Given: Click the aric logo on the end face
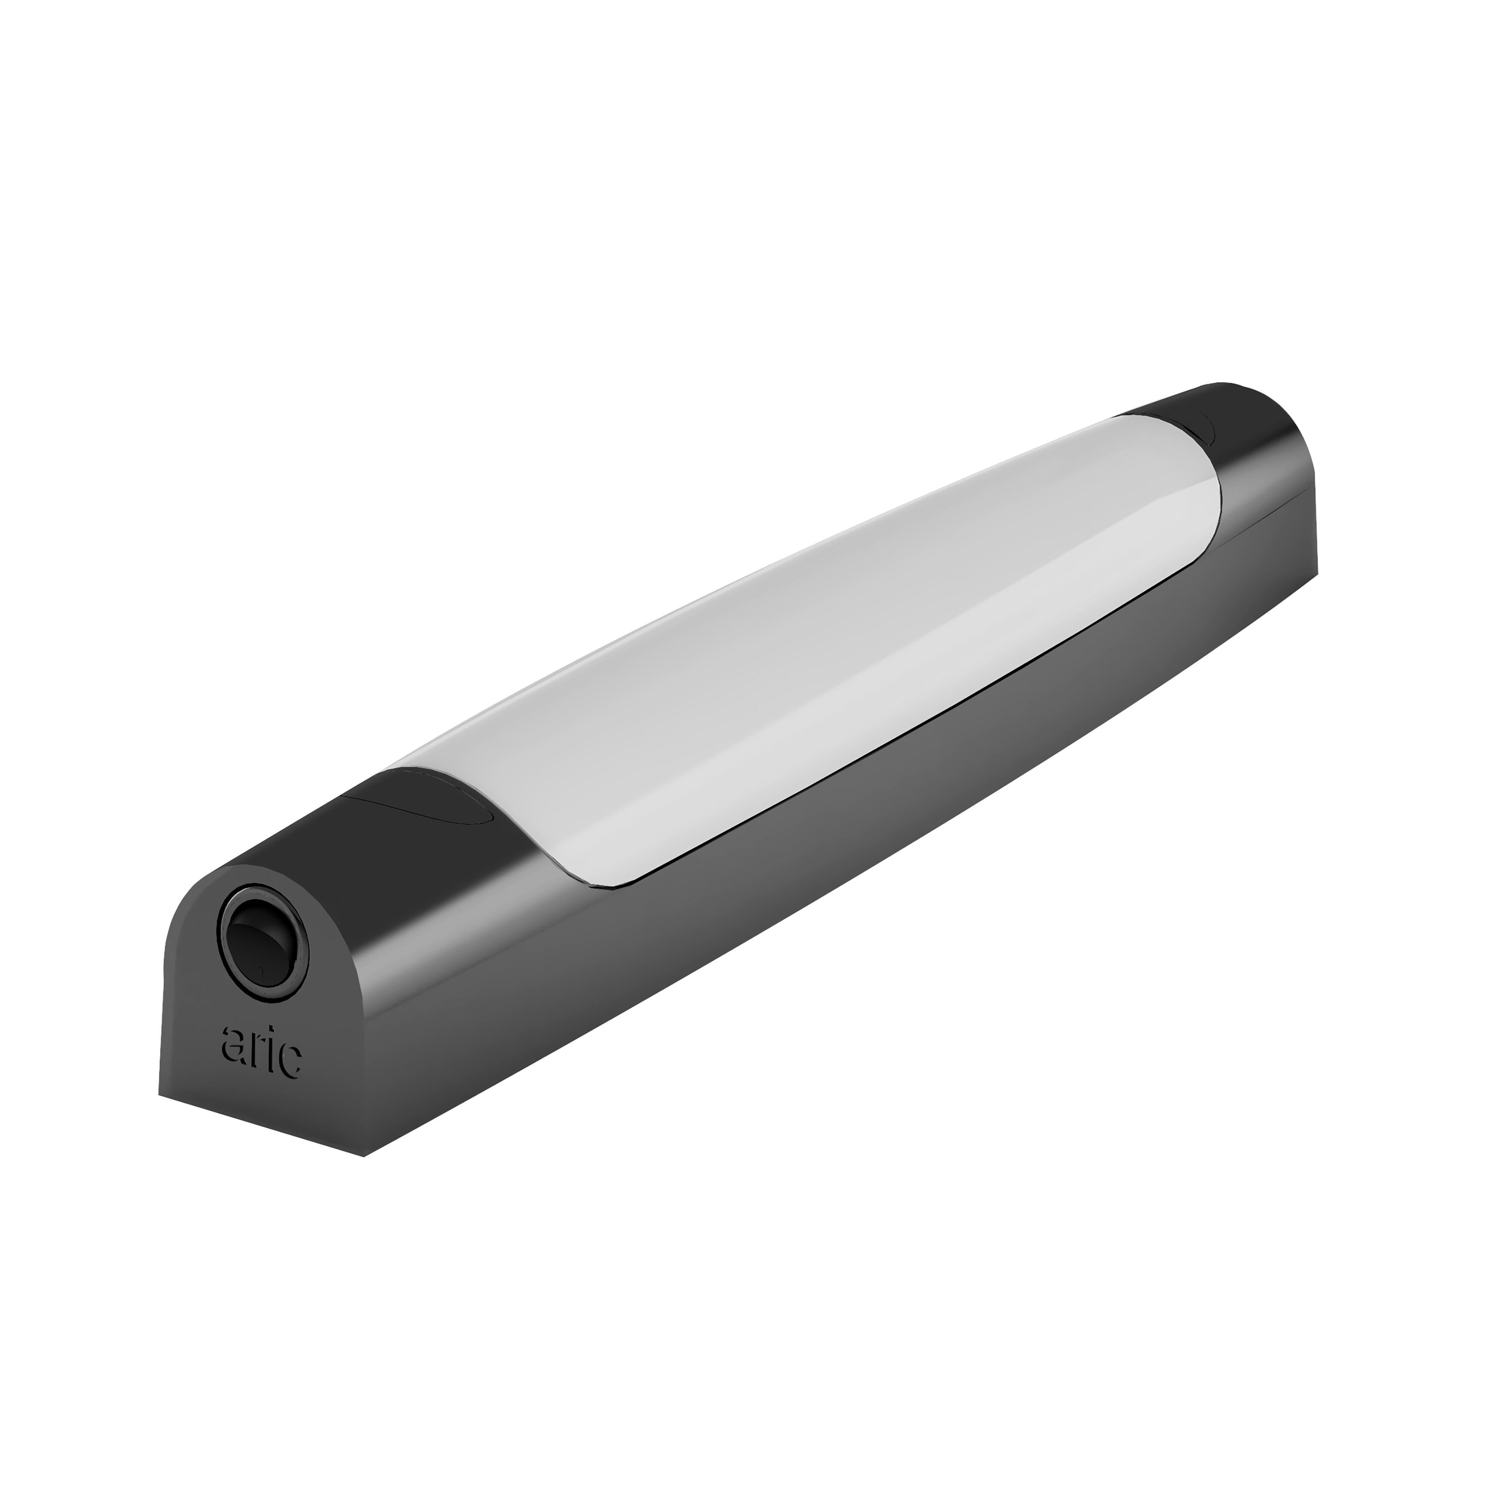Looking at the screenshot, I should (x=262, y=1052).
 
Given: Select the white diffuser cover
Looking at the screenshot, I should (x=817, y=639).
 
